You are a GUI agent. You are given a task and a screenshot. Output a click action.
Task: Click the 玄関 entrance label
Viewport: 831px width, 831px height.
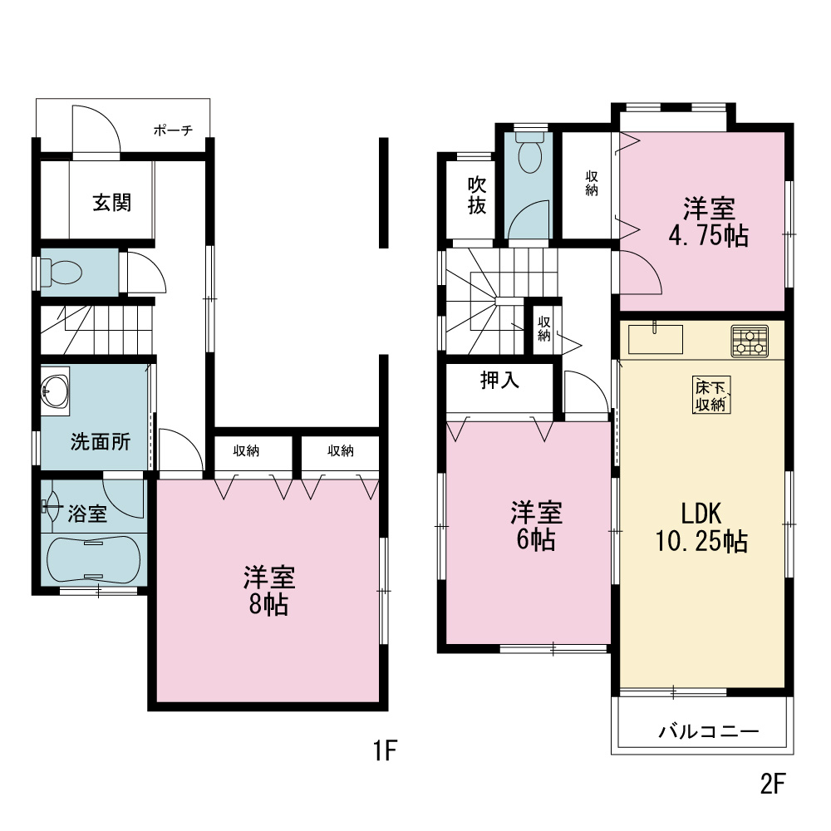(112, 203)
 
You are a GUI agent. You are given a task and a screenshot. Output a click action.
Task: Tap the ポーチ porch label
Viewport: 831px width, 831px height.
(174, 130)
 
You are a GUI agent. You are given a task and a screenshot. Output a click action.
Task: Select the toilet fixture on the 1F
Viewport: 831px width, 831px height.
(61, 273)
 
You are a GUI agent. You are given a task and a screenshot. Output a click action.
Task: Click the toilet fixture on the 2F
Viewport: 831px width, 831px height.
(530, 152)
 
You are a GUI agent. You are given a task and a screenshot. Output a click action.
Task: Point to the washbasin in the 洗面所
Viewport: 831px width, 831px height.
(55, 391)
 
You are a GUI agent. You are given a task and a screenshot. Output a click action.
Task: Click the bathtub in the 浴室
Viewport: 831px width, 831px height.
(94, 559)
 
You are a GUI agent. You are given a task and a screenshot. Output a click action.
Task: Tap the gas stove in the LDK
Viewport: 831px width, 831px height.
(750, 341)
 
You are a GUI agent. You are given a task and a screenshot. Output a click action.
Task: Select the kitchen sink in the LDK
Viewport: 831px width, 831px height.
(656, 339)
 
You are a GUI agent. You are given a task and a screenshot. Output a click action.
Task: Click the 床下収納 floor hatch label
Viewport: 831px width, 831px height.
(711, 395)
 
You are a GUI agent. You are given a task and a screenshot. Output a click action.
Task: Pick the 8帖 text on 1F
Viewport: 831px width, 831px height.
(268, 605)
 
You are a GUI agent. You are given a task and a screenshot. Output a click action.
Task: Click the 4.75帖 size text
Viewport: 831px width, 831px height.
(709, 235)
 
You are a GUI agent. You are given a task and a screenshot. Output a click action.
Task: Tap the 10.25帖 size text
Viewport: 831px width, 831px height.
(701, 541)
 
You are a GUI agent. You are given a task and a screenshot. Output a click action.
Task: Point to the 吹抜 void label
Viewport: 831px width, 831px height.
(477, 195)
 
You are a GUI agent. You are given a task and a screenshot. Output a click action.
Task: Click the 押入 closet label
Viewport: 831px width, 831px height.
(499, 380)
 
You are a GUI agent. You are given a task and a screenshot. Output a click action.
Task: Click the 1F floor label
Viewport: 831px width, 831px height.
(386, 750)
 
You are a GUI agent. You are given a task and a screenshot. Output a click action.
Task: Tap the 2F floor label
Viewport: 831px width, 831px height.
(772, 784)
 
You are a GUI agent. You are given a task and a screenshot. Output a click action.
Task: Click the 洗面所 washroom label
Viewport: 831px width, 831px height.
(101, 441)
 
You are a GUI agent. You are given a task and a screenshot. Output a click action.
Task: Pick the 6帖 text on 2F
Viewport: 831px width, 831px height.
(536, 539)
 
